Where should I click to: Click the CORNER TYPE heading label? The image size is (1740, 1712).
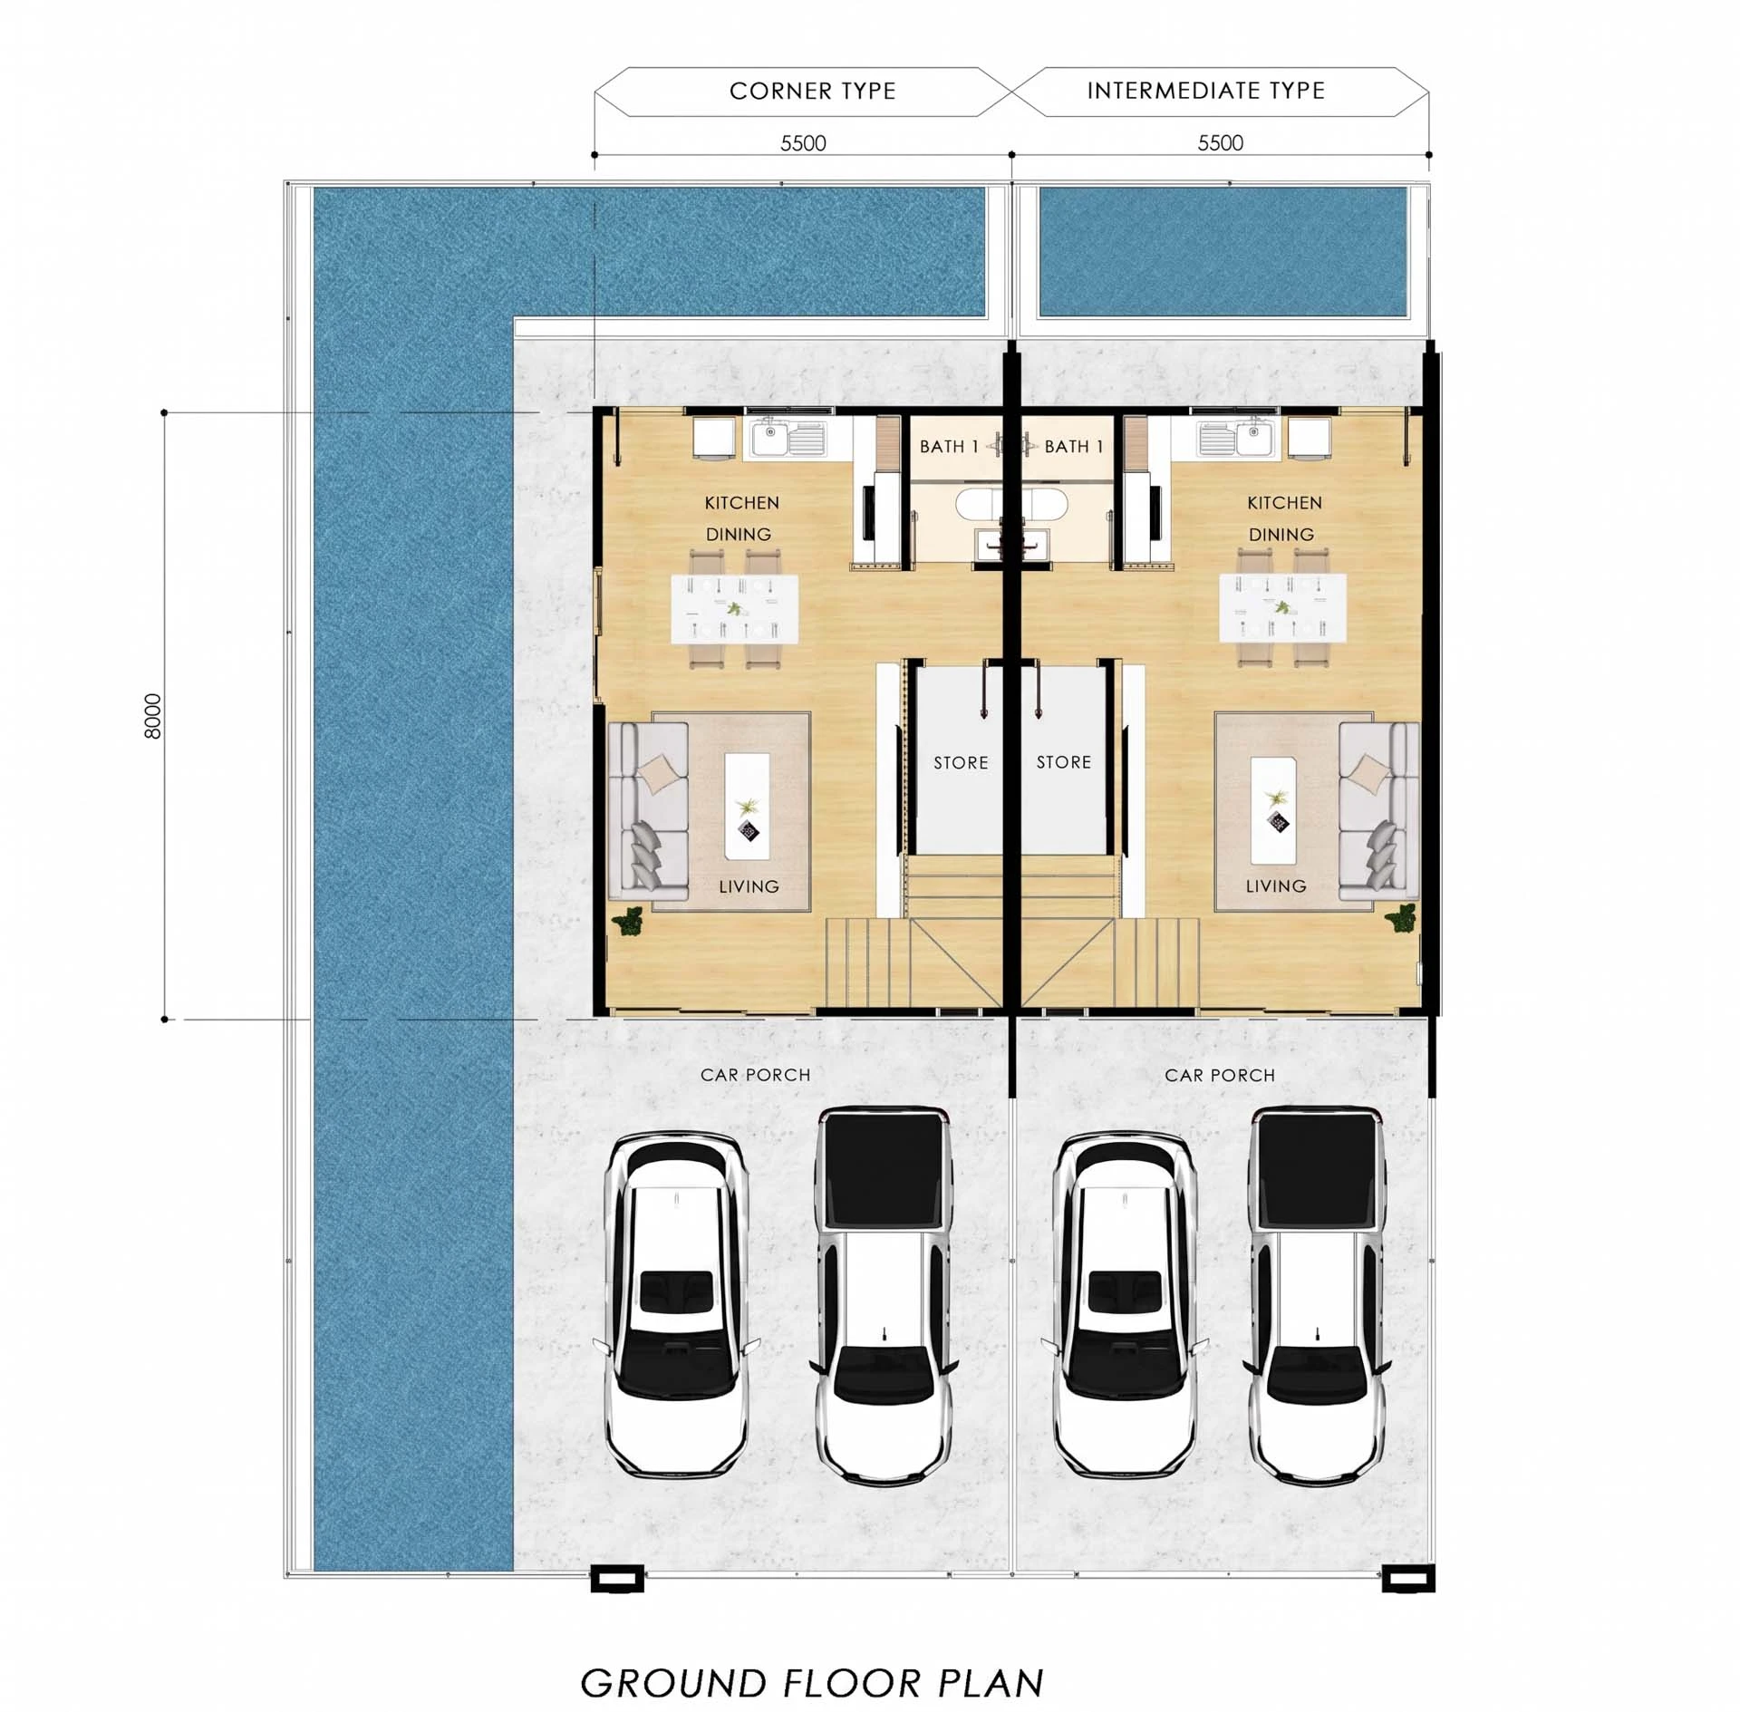click(812, 91)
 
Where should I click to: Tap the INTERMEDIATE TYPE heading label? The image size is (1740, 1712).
click(1205, 91)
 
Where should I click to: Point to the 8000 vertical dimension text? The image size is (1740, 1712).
click(153, 716)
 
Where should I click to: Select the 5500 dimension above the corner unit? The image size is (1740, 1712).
click(803, 143)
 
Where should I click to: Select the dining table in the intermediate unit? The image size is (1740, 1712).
click(1281, 607)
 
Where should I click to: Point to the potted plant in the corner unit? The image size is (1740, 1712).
click(627, 922)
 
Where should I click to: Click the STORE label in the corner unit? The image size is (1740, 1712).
click(961, 763)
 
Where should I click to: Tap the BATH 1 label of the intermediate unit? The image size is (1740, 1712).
click(1074, 446)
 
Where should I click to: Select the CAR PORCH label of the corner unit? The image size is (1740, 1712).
click(755, 1075)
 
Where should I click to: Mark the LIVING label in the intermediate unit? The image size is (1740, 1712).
click(1275, 886)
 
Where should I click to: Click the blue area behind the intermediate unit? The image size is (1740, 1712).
click(1223, 251)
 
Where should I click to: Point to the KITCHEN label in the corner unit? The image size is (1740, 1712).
click(741, 503)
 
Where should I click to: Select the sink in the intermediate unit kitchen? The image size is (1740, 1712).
click(1238, 438)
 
